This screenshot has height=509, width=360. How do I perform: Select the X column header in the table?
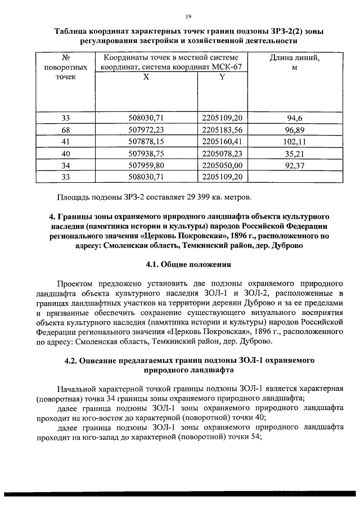146,78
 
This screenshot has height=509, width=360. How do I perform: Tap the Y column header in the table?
222,78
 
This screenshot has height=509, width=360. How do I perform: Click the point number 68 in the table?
66,129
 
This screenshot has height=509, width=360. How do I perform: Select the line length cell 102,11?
295,141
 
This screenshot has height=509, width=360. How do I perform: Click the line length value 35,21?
295,153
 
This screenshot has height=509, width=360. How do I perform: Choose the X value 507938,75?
146,153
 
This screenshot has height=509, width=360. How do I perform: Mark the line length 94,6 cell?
295,118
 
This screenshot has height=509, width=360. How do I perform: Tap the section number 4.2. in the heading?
73,360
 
